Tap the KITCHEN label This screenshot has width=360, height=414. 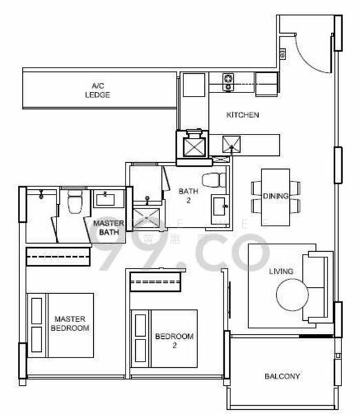tap(243, 115)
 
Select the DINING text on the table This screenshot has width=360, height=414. tap(276, 196)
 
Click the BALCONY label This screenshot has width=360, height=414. tap(282, 376)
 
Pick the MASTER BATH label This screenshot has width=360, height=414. tap(109, 228)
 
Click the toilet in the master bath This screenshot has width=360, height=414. tap(75, 202)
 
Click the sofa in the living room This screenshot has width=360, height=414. tap(317, 282)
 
